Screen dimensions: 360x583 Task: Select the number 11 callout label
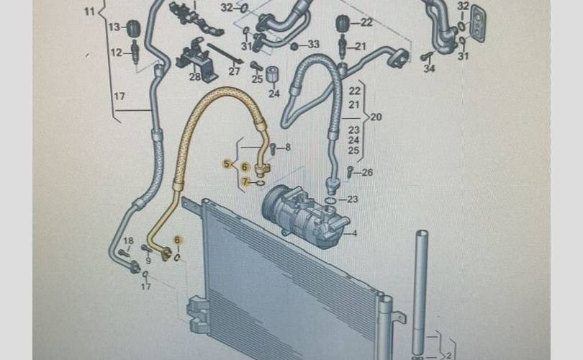click(x=89, y=11)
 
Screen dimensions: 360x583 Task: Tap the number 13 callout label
click(x=114, y=27)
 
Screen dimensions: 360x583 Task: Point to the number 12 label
click(x=115, y=53)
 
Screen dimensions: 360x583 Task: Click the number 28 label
click(x=195, y=77)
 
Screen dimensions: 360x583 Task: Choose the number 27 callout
click(x=234, y=71)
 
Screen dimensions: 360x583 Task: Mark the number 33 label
click(x=313, y=45)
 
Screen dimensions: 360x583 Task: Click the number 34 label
click(x=430, y=69)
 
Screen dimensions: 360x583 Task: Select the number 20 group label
click(x=376, y=117)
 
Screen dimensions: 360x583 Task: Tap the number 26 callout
click(x=368, y=172)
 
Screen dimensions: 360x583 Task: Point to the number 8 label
click(x=287, y=148)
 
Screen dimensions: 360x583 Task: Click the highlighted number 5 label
click(x=227, y=165)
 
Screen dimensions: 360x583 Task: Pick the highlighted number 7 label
click(x=245, y=182)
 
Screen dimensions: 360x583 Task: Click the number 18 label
click(x=128, y=240)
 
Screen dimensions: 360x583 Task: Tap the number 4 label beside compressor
click(x=354, y=233)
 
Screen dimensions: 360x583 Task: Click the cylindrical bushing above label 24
click(x=273, y=74)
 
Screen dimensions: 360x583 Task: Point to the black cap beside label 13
click(x=132, y=29)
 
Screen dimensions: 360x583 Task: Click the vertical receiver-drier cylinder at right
click(x=421, y=288)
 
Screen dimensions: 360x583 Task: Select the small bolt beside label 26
click(x=350, y=171)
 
